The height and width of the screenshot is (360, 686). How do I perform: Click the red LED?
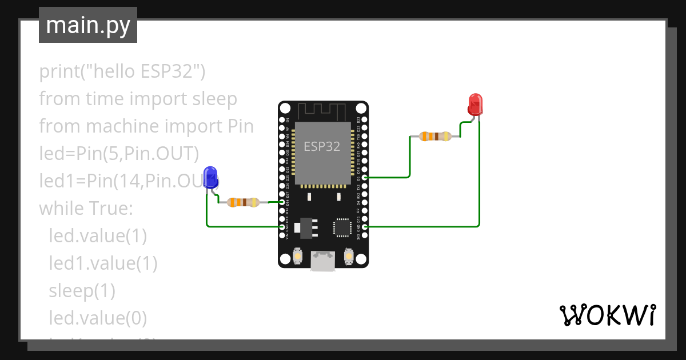coord(475,105)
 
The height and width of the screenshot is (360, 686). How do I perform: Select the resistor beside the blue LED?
coord(244,202)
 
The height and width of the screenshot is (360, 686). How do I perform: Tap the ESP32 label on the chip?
coord(322,146)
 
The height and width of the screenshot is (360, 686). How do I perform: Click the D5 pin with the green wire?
coord(365,177)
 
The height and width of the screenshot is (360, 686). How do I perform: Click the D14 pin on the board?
coord(282,202)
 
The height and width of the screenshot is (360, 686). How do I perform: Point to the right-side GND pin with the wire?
coord(365,227)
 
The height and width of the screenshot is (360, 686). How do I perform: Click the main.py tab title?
coord(88,26)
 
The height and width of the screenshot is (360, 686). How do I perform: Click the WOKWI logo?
coord(607,315)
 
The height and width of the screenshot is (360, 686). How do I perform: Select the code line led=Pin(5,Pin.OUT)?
coord(119,153)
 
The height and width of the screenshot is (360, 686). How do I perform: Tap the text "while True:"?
coord(86,208)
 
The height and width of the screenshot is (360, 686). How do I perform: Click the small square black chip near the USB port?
coord(343,227)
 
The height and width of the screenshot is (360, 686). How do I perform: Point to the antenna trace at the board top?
coord(323,110)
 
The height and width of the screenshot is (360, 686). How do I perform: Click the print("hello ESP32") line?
coord(122,71)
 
